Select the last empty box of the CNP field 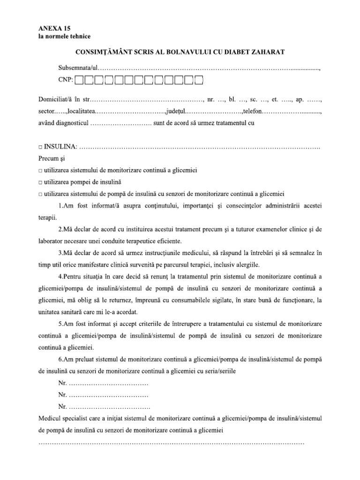tap(199, 81)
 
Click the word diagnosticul tap(71, 123)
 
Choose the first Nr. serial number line tap(103, 384)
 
